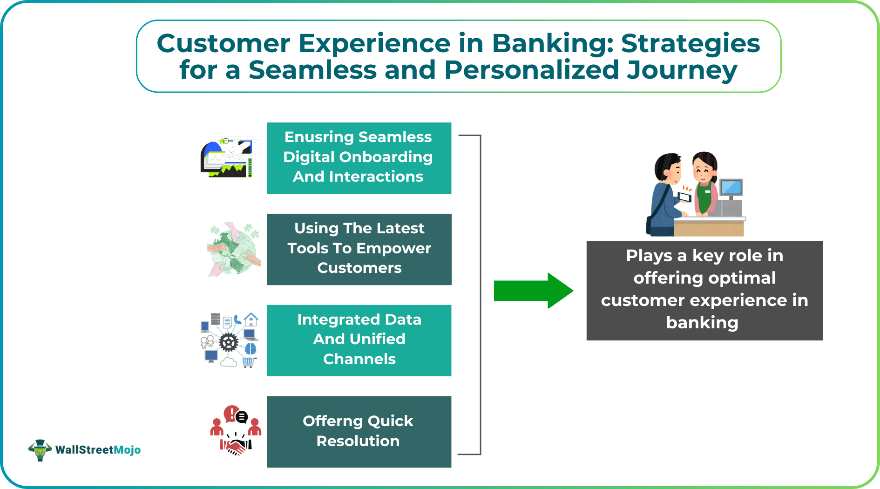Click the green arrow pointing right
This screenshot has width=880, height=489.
[x=533, y=291]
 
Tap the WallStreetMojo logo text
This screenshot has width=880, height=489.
[x=98, y=450]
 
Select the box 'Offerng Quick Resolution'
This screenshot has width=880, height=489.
[x=359, y=432]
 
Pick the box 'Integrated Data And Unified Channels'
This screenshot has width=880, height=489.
[x=359, y=340]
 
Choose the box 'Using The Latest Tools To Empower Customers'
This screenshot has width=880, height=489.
[x=359, y=249]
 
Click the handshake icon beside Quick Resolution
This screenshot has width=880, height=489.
[x=236, y=446]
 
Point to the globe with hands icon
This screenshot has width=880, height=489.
[x=234, y=249]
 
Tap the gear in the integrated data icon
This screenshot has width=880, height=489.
[x=228, y=343]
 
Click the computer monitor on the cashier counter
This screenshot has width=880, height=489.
[x=731, y=187]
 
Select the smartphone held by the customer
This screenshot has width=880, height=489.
[x=684, y=197]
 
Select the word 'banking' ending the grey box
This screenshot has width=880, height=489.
[x=702, y=323]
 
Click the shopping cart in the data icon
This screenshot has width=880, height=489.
[x=248, y=362]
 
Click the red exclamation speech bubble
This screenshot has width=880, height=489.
[x=230, y=414]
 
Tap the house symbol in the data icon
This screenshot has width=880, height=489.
[x=251, y=319]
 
